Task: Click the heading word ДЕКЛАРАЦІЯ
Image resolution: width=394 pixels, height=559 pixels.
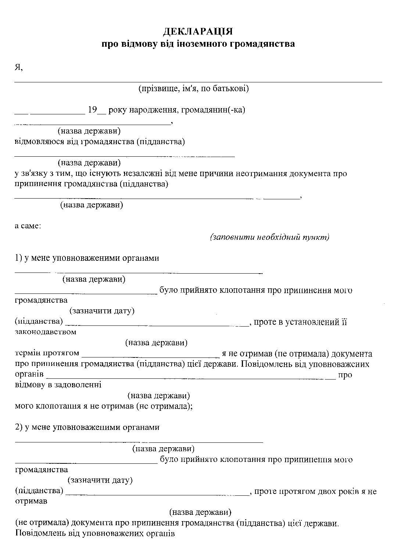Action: [x=198, y=31]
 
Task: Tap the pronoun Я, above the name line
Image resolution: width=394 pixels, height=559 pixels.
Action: [x=19, y=67]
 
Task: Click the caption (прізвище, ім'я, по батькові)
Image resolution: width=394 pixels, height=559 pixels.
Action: [x=193, y=89]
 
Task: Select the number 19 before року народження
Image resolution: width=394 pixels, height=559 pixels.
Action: [x=92, y=110]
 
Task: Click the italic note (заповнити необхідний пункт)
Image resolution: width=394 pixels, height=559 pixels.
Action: [x=270, y=237]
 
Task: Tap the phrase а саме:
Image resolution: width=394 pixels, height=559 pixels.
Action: [x=28, y=225]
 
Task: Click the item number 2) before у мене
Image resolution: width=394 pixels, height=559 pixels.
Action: [x=19, y=427]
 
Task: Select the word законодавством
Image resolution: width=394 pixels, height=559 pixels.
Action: [x=46, y=332]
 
